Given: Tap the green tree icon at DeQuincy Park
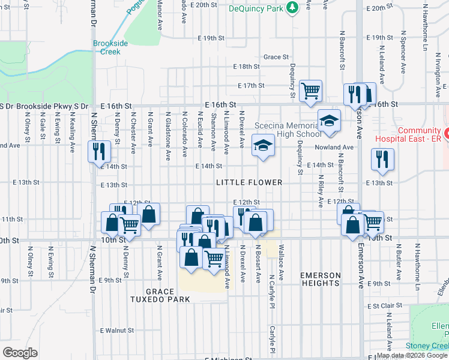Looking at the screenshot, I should click(292, 7).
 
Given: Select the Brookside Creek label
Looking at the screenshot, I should click(107, 47).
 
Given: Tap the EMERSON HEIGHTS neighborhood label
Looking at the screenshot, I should click(321, 279).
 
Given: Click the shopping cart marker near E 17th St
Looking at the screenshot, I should click(311, 91).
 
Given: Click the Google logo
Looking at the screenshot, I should click(20, 353).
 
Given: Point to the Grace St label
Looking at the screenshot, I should click(276, 57).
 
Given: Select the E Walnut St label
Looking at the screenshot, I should click(116, 331).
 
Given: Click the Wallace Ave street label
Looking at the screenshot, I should click(281, 256).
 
